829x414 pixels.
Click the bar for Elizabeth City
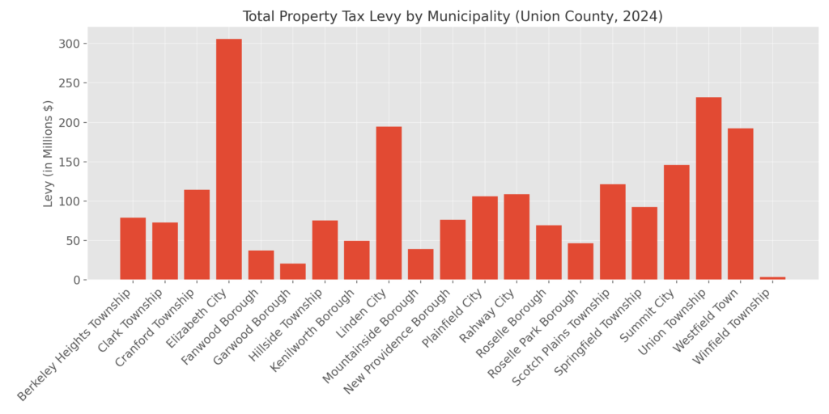click(228, 159)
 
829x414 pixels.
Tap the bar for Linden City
click(389, 203)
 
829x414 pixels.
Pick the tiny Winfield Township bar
click(772, 278)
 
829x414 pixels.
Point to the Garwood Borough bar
click(292, 272)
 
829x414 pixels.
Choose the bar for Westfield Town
click(740, 204)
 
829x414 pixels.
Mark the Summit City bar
click(676, 222)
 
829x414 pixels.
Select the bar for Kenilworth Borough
click(356, 260)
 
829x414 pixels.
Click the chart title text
click(453, 16)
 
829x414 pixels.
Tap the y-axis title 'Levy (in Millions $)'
click(49, 154)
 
